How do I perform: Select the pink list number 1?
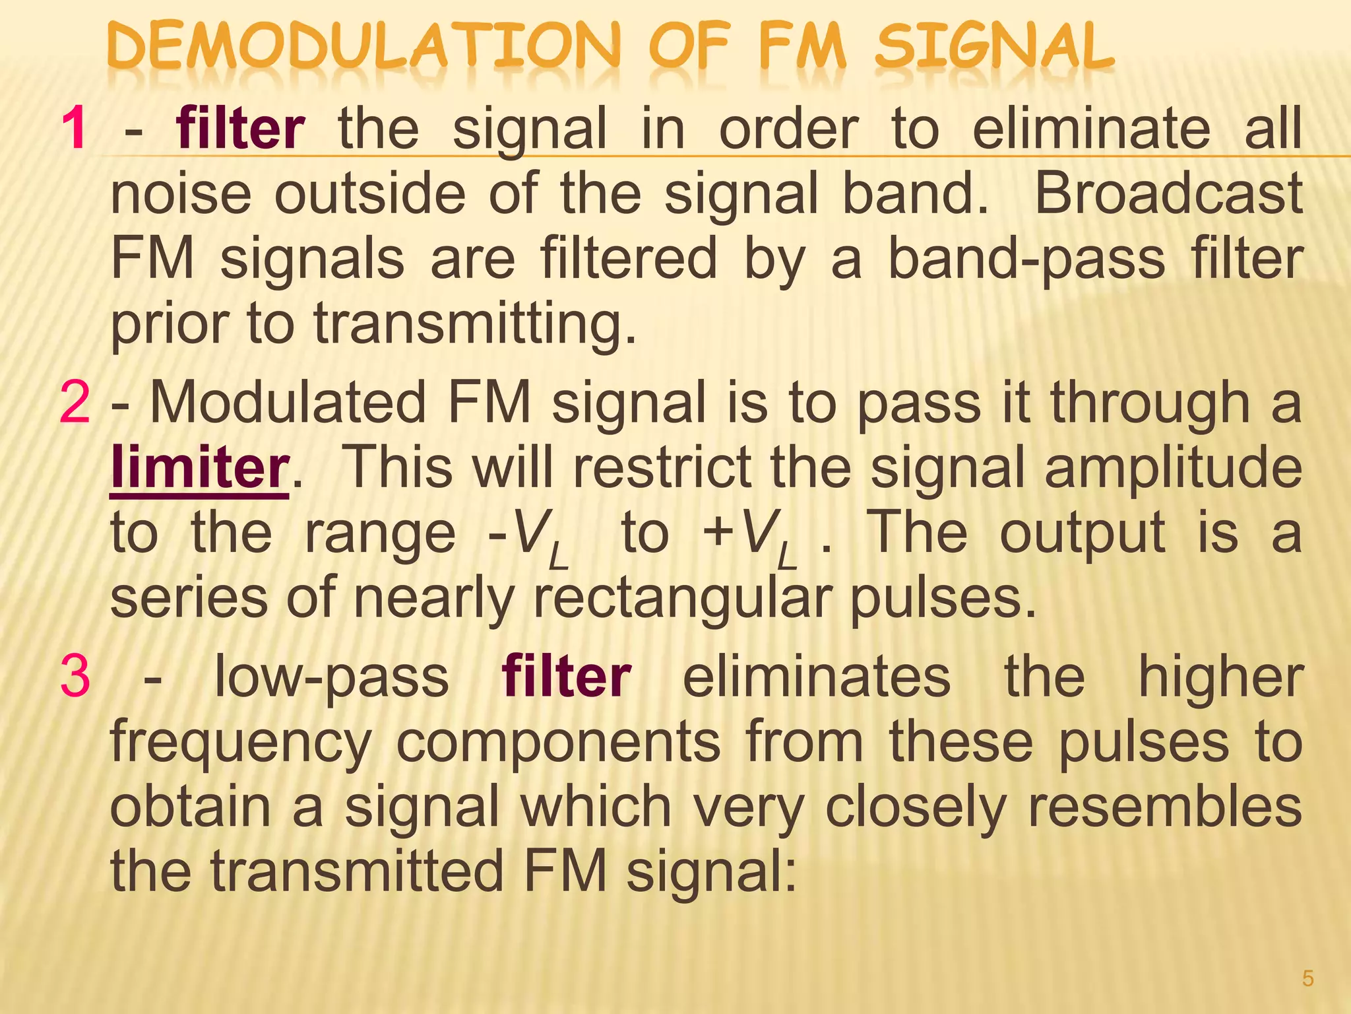pyautogui.click(x=74, y=129)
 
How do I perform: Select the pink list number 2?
pyautogui.click(x=74, y=403)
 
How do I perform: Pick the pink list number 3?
pyautogui.click(x=74, y=677)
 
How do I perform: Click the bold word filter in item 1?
pyautogui.click(x=240, y=129)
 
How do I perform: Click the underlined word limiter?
pyautogui.click(x=200, y=467)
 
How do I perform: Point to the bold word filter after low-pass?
pyautogui.click(x=566, y=677)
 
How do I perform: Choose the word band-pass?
pyautogui.click(x=1026, y=259)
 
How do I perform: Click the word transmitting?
pyautogui.click(x=475, y=323)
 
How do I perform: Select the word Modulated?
pyautogui.click(x=288, y=403)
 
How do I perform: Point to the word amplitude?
pyautogui.click(x=1173, y=467)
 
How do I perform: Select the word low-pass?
pyautogui.click(x=332, y=677)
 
